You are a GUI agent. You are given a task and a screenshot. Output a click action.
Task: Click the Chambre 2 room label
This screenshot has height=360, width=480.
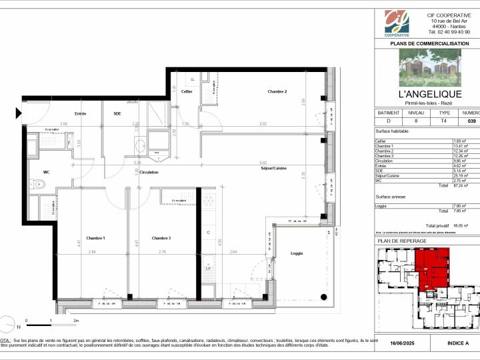277,91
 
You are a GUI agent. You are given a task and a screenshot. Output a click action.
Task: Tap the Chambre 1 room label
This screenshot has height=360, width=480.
95,238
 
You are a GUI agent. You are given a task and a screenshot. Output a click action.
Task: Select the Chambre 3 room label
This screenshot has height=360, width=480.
161,238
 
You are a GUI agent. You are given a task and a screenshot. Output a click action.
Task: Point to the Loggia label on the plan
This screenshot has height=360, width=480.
297,253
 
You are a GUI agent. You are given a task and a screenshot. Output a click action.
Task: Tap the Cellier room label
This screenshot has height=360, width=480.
187,91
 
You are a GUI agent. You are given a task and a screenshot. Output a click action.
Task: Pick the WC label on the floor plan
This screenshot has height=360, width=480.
47,172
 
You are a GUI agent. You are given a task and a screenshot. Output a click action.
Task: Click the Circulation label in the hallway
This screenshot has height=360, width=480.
149,172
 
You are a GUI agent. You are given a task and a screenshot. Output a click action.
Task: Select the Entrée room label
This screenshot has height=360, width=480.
80,114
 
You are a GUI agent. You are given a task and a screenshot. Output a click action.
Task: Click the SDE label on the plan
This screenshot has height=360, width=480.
117,114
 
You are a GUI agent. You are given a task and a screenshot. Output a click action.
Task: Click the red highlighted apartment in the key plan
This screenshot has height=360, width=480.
430,267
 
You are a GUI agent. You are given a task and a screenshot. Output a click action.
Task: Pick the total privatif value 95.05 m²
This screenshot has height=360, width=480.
461,226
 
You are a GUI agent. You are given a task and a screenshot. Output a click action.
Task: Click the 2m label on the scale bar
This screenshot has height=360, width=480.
77,321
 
